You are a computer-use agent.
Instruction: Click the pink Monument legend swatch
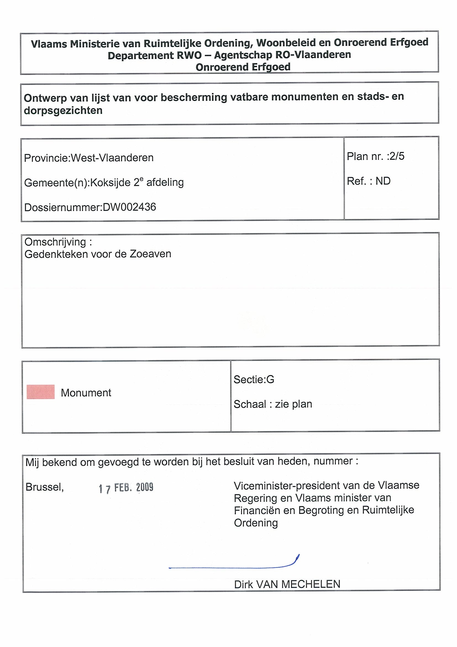tap(41, 392)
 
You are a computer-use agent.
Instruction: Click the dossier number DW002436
tap(129, 207)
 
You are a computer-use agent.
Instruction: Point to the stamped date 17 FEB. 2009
tap(126, 488)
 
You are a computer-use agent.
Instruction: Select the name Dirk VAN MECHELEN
tap(287, 585)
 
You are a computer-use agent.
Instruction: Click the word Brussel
tap(44, 487)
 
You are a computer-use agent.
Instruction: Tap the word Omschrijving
tap(55, 242)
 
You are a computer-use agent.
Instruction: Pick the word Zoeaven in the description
tap(150, 254)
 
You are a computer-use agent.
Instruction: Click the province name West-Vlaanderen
tap(112, 158)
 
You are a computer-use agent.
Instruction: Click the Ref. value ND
tap(383, 181)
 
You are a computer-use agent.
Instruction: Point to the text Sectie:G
tap(254, 380)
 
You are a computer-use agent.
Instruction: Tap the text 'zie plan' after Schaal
tap(293, 404)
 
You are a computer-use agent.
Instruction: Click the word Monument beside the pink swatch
tap(86, 393)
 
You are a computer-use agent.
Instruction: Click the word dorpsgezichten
tap(63, 111)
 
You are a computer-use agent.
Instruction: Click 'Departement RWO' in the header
tap(154, 56)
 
